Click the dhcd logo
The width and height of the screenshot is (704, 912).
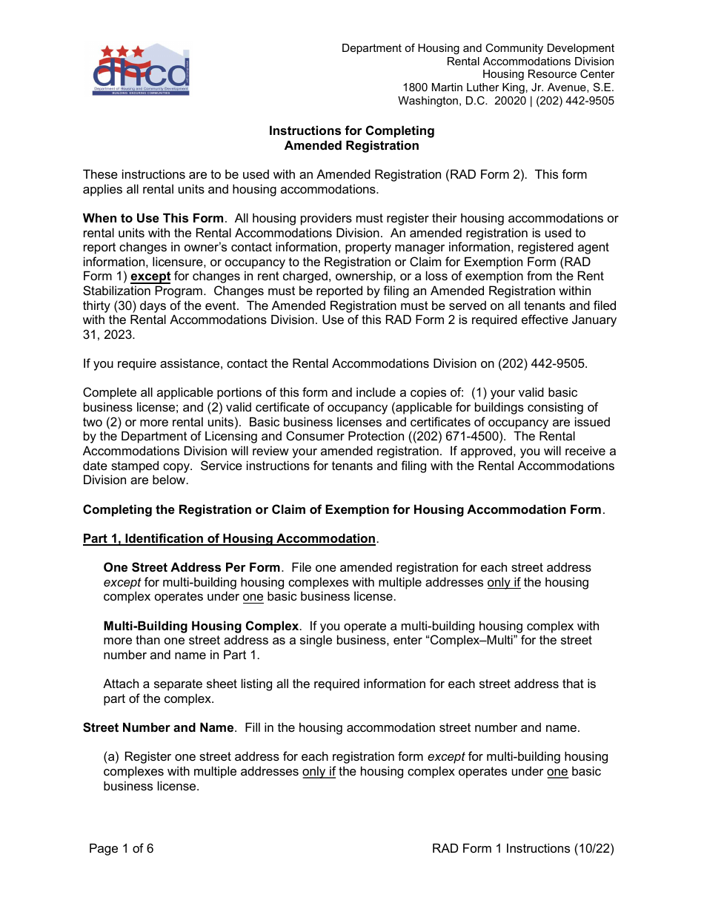coord(141,70)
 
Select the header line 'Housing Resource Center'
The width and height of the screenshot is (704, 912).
coord(548,75)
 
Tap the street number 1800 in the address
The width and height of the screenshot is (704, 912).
coord(415,88)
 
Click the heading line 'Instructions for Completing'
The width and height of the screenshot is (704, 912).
coord(351,131)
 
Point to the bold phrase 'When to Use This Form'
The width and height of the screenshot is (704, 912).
coord(153,219)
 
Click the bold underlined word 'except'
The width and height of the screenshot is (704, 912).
coord(150,277)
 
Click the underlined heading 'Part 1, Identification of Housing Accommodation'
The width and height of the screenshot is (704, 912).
coord(229,539)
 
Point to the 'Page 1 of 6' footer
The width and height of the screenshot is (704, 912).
coord(122,849)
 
